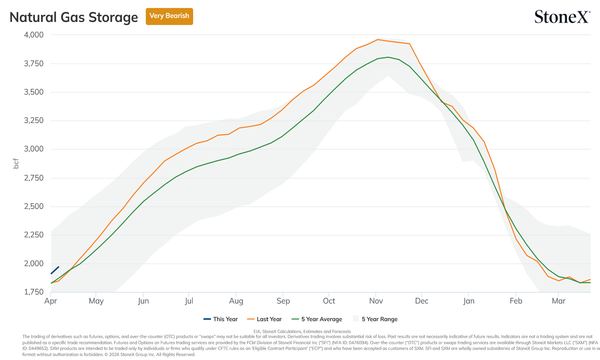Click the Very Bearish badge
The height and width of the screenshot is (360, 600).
coord(169,16)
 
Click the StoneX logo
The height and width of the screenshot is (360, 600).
coord(562,17)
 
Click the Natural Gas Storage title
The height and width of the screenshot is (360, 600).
coord(74,17)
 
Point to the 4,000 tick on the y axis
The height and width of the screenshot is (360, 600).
coord(34,35)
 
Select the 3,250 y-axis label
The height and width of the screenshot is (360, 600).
coord(34,120)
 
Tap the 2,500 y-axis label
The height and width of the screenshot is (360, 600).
coord(34,206)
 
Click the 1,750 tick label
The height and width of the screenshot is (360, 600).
coord(34,292)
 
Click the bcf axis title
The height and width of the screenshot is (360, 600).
coord(16,164)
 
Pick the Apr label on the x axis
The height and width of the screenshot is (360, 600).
coord(51,301)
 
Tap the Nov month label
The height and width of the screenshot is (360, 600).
coord(376,301)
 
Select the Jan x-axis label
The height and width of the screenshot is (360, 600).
coord(469,301)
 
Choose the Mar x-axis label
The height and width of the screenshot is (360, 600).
coord(559,301)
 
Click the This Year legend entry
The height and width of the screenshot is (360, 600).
coord(221,319)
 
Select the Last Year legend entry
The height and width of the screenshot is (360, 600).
coord(264,319)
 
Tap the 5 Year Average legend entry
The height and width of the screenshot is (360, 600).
coord(317,319)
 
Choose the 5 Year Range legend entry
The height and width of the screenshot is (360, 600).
coord(375,319)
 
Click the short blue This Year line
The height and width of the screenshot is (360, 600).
coord(55,270)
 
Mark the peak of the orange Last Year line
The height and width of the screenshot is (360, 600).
coord(377,40)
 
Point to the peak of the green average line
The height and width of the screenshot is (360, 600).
coord(388,57)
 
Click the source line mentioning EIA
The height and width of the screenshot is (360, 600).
coord(302,332)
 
